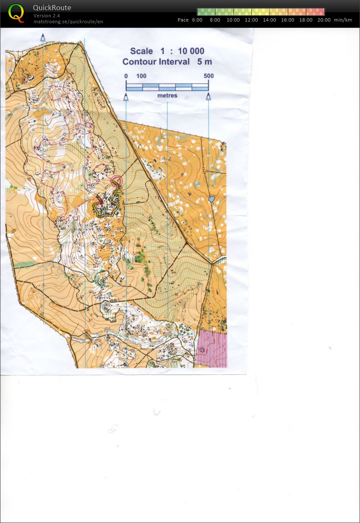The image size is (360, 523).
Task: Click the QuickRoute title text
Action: [x=52, y=8]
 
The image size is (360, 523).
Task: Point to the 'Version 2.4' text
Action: [x=46, y=16]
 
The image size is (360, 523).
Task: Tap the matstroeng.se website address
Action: [x=68, y=21]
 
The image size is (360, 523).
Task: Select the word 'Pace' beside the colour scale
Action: [x=183, y=20]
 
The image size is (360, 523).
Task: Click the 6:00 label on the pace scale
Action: [x=197, y=20]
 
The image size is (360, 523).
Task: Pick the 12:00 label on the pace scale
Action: [x=251, y=20]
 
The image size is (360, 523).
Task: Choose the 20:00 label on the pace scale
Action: [x=324, y=20]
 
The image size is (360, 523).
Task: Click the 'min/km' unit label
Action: [x=343, y=20]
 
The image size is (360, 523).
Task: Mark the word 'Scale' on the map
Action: [x=141, y=51]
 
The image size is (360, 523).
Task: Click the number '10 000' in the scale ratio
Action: [x=191, y=51]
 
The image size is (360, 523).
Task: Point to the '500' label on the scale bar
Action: [x=208, y=76]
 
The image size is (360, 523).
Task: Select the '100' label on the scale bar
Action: [x=141, y=76]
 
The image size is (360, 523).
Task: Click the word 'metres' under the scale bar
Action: [x=167, y=96]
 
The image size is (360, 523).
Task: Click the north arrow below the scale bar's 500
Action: [x=208, y=97]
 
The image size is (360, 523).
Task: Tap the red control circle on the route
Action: [x=116, y=181]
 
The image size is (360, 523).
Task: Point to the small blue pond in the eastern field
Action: [x=212, y=199]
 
